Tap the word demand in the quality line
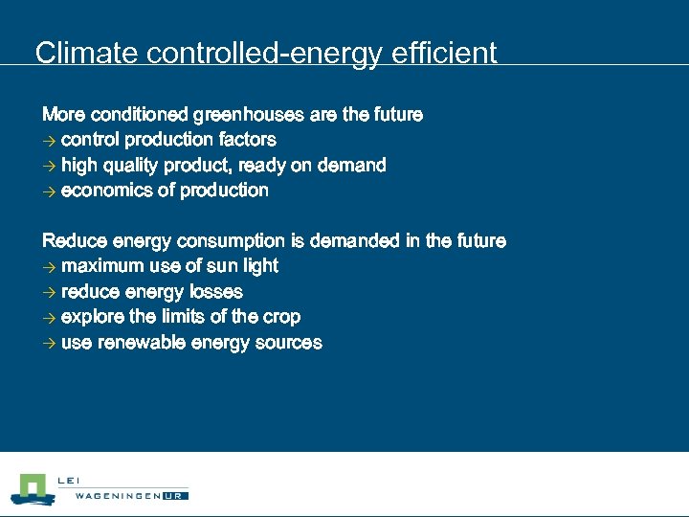click(351, 166)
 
